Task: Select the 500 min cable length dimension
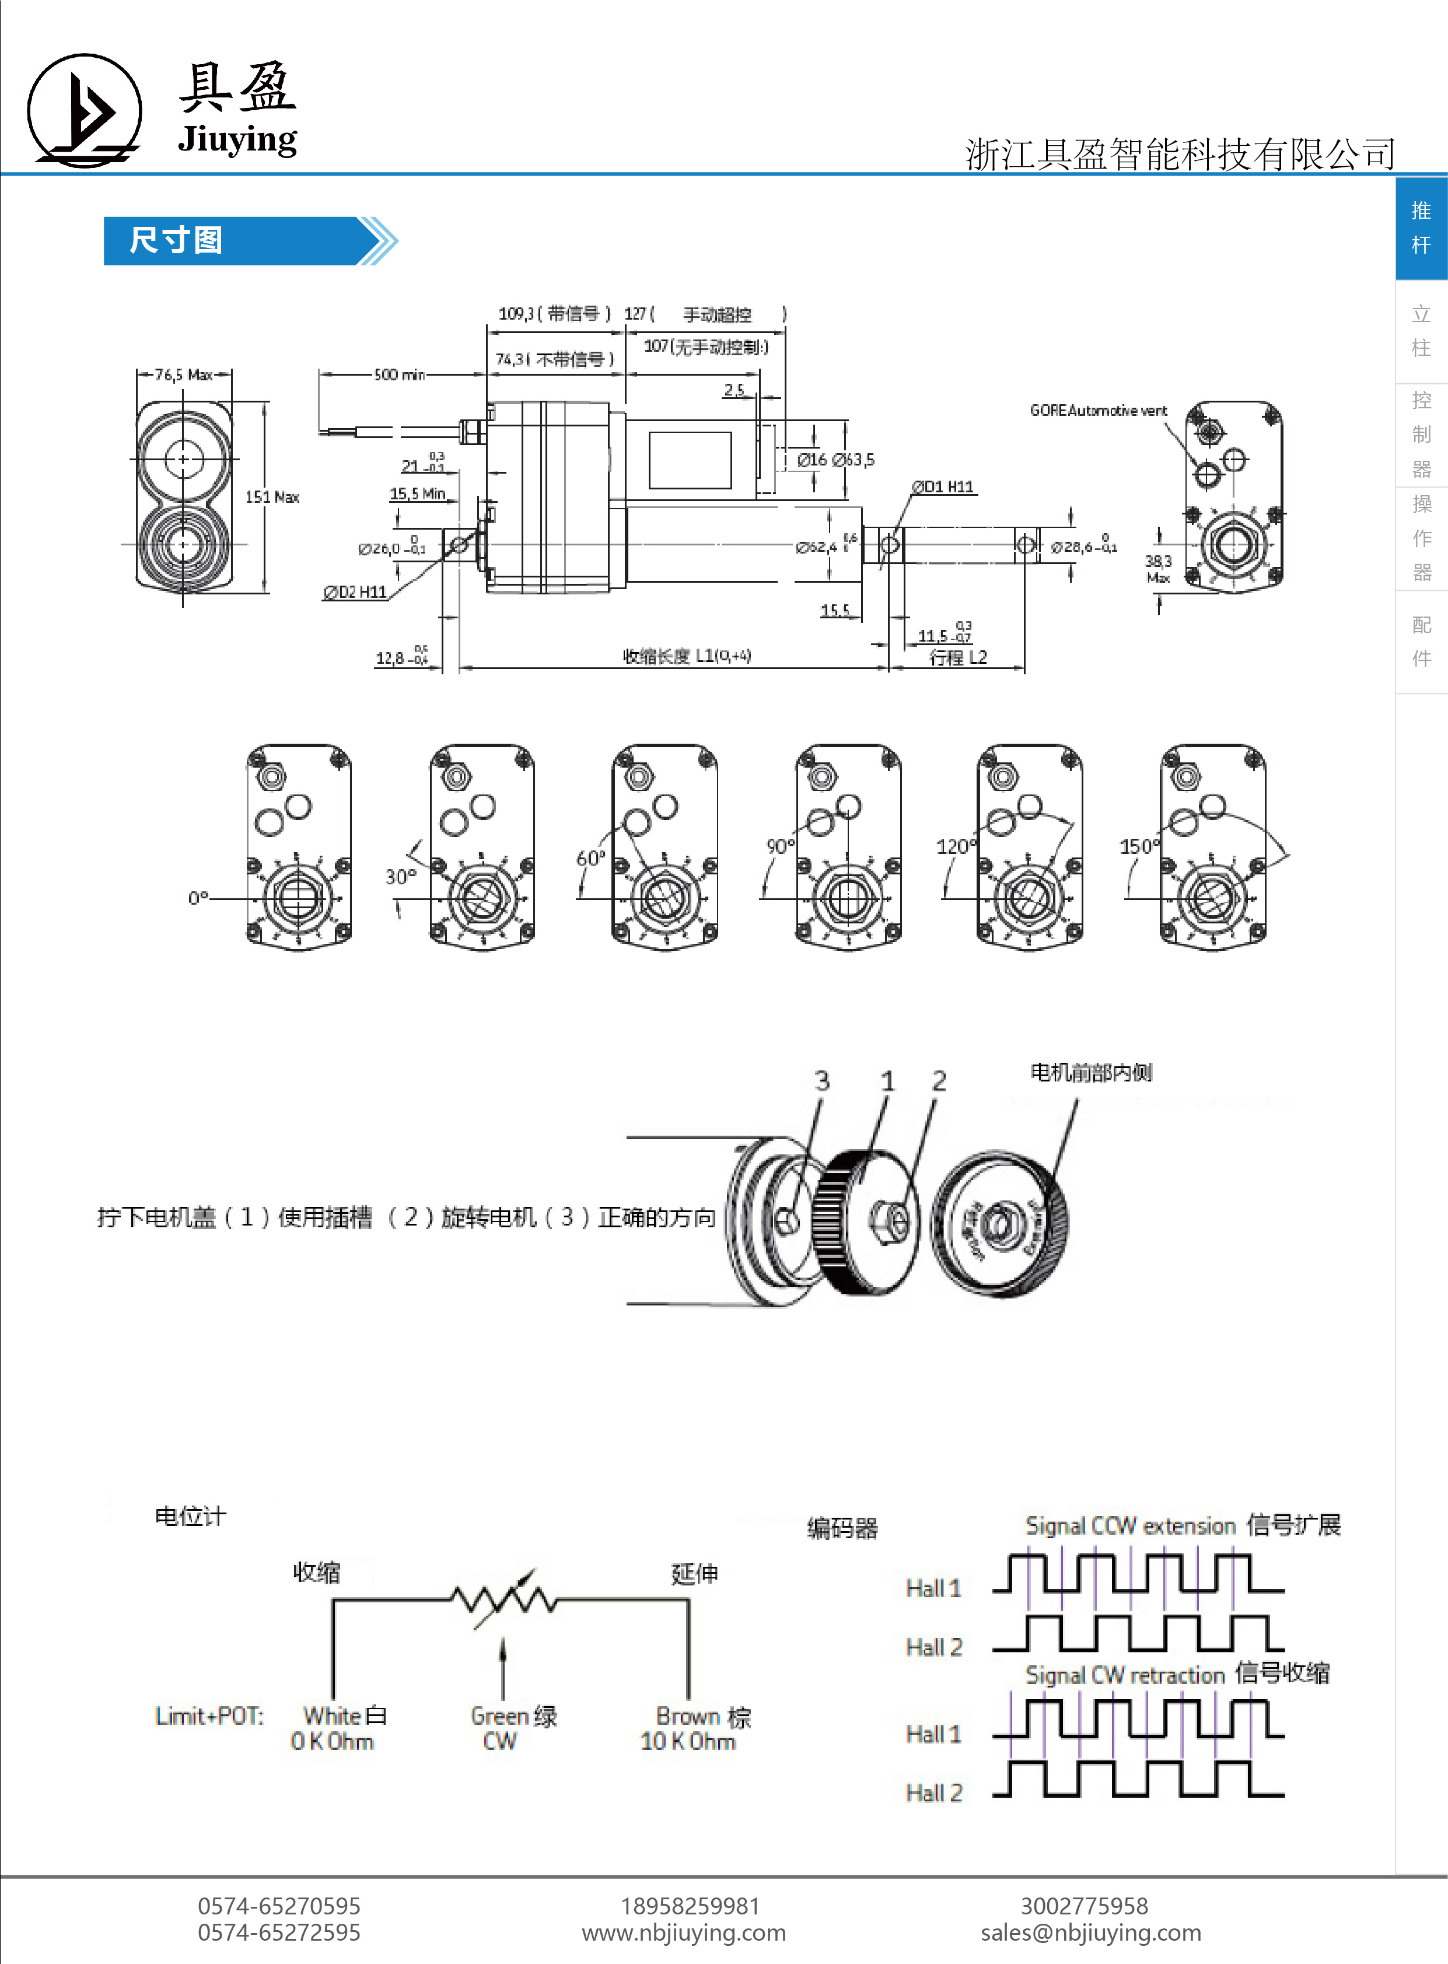[399, 375]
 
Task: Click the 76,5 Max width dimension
[183, 375]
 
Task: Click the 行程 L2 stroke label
[958, 657]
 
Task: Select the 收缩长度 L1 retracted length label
[686, 656]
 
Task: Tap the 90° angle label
[779, 846]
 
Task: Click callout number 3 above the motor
[821, 1081]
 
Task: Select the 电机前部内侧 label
[1090, 1072]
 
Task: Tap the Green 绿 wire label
[513, 1716]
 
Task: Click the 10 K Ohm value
[688, 1741]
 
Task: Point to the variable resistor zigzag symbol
[504, 1600]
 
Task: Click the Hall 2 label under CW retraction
[933, 1793]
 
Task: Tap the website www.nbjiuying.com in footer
[684, 1933]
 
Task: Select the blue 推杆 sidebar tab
[1421, 228]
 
